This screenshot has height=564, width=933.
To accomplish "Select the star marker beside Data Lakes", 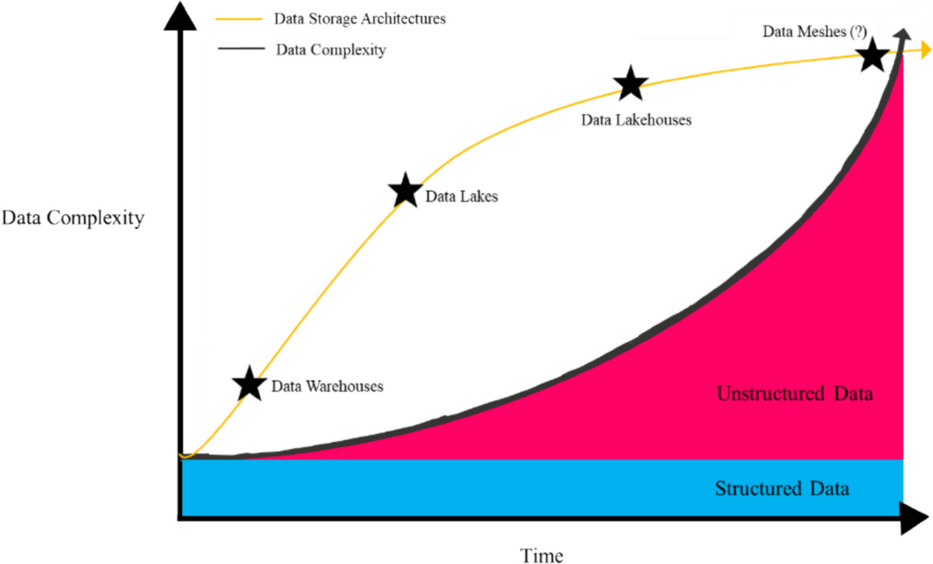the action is [x=405, y=190].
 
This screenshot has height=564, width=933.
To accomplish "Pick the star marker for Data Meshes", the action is [x=872, y=55].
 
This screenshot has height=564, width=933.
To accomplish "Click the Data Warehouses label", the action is [x=327, y=386].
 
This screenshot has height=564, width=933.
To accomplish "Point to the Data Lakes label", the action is [x=462, y=197].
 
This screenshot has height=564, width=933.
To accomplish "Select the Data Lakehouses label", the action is [x=637, y=121].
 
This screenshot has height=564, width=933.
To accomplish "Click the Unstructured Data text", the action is [x=795, y=394].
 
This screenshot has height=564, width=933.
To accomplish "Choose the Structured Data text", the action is [x=782, y=489].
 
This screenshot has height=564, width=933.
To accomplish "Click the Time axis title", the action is [x=542, y=554].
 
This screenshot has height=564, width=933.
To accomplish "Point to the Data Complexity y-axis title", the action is [x=72, y=218].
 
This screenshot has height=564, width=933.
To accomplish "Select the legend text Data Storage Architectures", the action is [x=361, y=19].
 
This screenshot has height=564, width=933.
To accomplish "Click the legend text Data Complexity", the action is [x=331, y=51].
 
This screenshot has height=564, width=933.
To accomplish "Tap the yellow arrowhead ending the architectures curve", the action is [x=924, y=51].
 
